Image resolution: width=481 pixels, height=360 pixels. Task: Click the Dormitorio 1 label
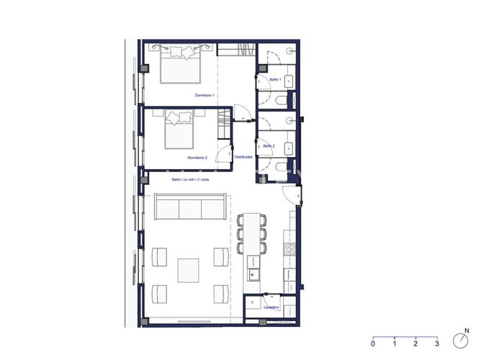pyautogui.click(x=205, y=95)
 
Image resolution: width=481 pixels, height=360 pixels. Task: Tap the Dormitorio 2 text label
pyautogui.click(x=197, y=158)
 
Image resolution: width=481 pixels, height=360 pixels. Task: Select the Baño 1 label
pyautogui.click(x=275, y=79)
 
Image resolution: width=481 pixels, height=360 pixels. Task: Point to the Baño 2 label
pyautogui.click(x=269, y=146)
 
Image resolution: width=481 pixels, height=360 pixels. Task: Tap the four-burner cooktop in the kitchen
pyautogui.click(x=289, y=250)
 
